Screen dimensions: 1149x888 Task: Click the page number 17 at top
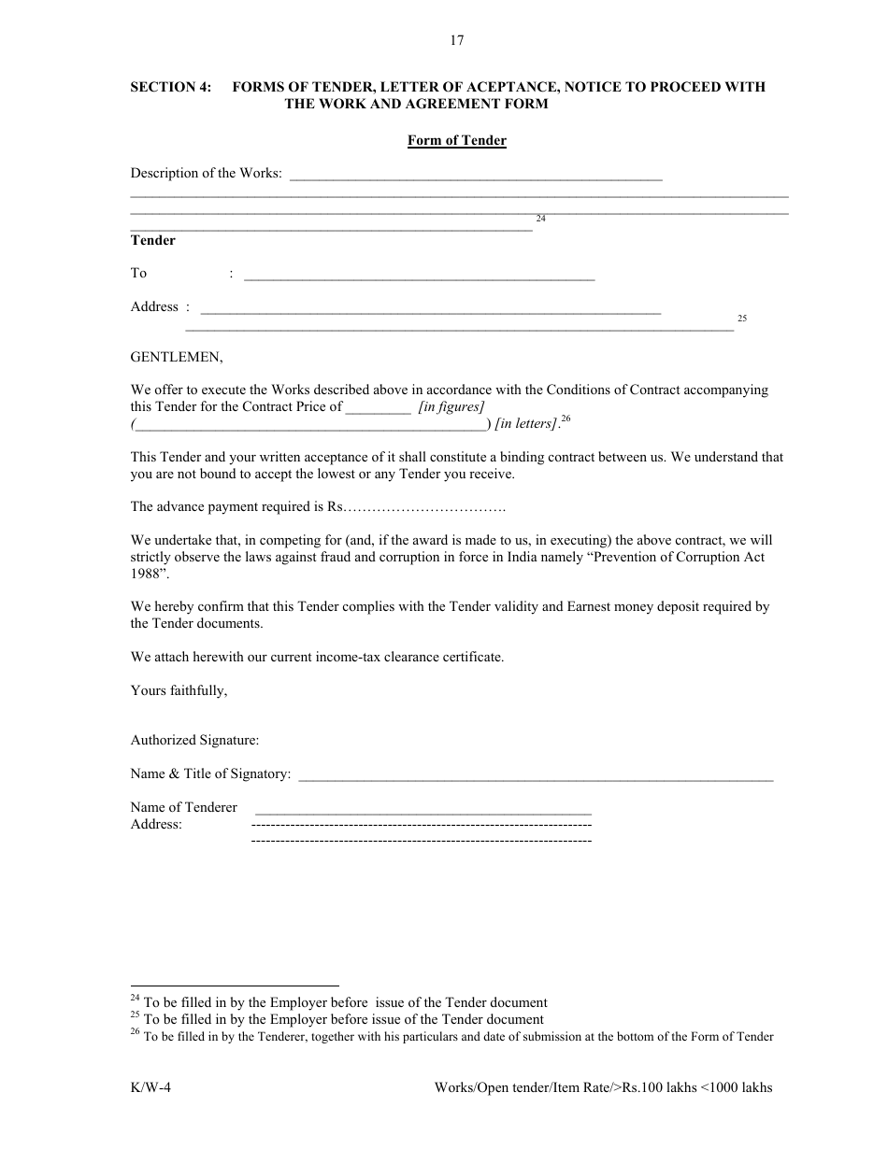(x=456, y=40)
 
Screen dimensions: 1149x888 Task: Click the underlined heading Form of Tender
(x=456, y=141)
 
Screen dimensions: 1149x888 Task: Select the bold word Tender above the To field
(x=152, y=240)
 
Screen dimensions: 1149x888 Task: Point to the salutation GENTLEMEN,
(x=177, y=356)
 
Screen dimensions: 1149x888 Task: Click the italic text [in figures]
(x=451, y=406)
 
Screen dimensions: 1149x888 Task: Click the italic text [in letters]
(x=525, y=424)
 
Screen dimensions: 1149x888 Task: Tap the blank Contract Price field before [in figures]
(x=379, y=407)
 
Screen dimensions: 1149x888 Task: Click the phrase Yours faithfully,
(x=179, y=690)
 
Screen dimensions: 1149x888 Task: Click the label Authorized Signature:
(x=194, y=740)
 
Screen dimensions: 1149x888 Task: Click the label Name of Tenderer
(x=183, y=807)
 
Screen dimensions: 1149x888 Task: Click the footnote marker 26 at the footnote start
(x=135, y=1032)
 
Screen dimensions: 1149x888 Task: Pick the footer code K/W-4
(x=150, y=1087)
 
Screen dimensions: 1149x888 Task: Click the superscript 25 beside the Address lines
(x=742, y=319)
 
